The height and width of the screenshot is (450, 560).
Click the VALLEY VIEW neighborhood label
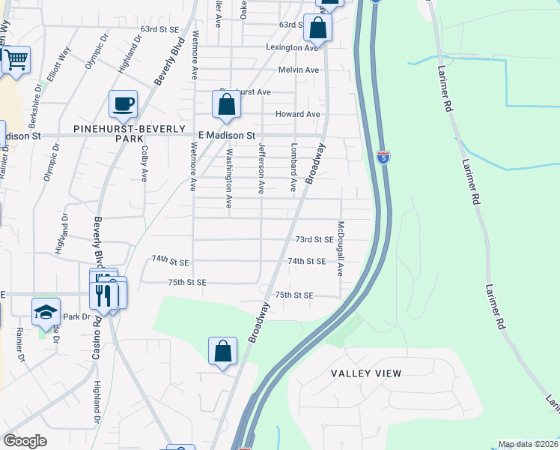point(367,373)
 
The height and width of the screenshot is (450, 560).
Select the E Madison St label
point(227,136)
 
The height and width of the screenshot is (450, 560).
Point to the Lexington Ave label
point(292,47)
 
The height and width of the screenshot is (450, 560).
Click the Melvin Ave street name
point(299,70)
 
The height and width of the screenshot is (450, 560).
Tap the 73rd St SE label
point(314,239)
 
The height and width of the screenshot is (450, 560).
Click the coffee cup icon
point(123,104)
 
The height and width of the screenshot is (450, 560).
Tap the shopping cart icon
point(15,59)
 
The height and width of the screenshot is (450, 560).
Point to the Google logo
point(25,441)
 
